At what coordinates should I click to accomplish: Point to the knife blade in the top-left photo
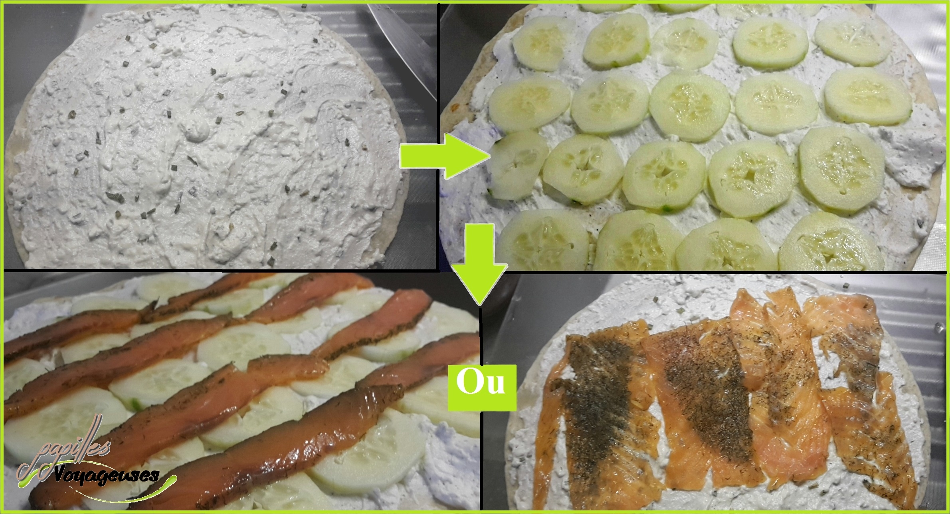(x=403, y=44)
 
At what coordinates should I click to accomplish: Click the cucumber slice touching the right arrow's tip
(x=515, y=165)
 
